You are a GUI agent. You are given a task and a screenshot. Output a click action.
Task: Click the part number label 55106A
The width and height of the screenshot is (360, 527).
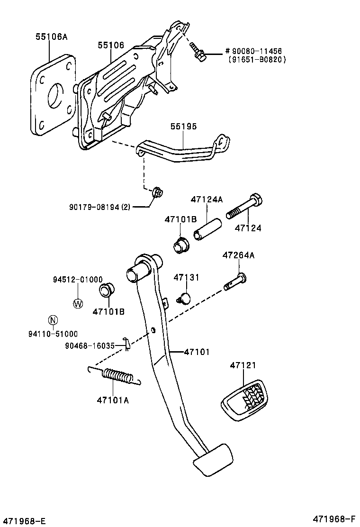(50, 36)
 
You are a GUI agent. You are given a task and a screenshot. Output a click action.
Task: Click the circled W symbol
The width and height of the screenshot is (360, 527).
(78, 303)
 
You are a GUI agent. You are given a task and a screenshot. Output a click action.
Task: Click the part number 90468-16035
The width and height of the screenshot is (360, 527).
(90, 345)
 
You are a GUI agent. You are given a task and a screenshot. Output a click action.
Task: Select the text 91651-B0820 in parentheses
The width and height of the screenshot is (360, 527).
(257, 60)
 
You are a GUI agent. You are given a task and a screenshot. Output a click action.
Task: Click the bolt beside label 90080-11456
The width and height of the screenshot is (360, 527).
(198, 53)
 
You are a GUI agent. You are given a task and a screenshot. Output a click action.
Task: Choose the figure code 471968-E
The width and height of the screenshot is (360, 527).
(23, 521)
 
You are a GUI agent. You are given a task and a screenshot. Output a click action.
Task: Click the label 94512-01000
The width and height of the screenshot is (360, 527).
(78, 280)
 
